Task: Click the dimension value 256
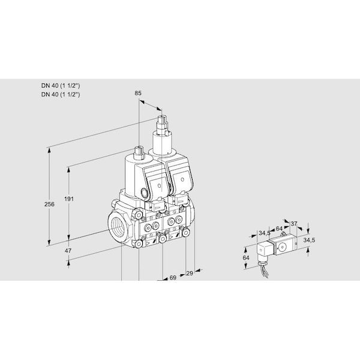(49, 204)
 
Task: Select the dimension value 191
(69, 199)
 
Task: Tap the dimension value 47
(68, 251)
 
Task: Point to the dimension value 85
(138, 93)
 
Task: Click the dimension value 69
(173, 278)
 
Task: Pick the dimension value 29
(190, 273)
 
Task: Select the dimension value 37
(294, 223)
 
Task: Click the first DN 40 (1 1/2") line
(61, 86)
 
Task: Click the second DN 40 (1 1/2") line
(61, 94)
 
